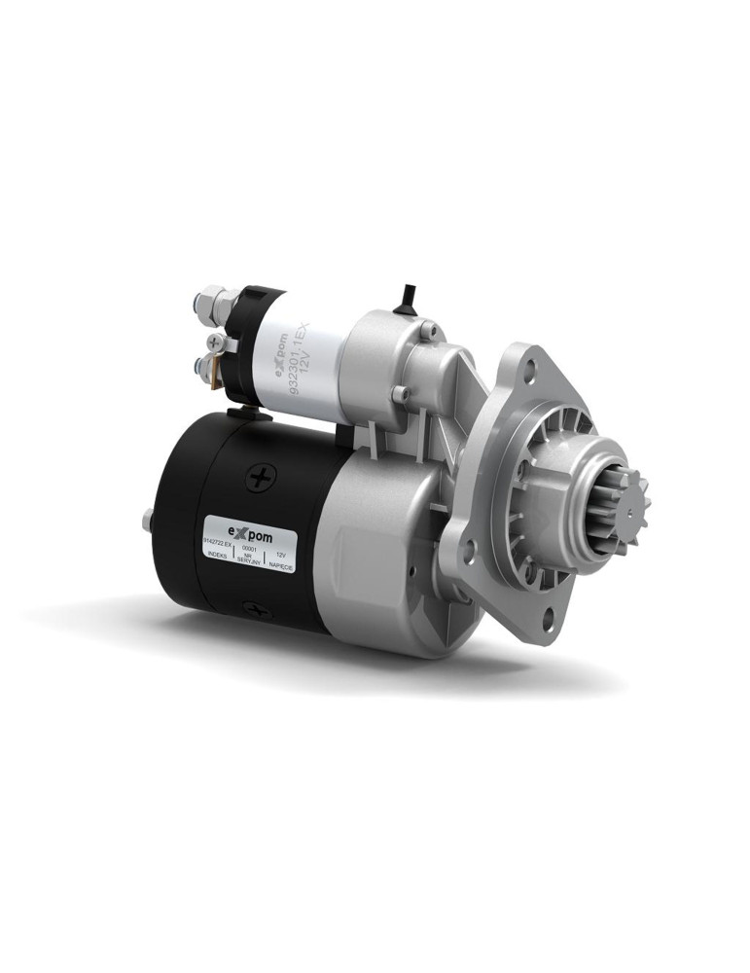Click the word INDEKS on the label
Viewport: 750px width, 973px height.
click(x=216, y=560)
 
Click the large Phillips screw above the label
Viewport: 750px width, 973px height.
click(x=261, y=478)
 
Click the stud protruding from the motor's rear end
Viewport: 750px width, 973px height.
click(x=146, y=523)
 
